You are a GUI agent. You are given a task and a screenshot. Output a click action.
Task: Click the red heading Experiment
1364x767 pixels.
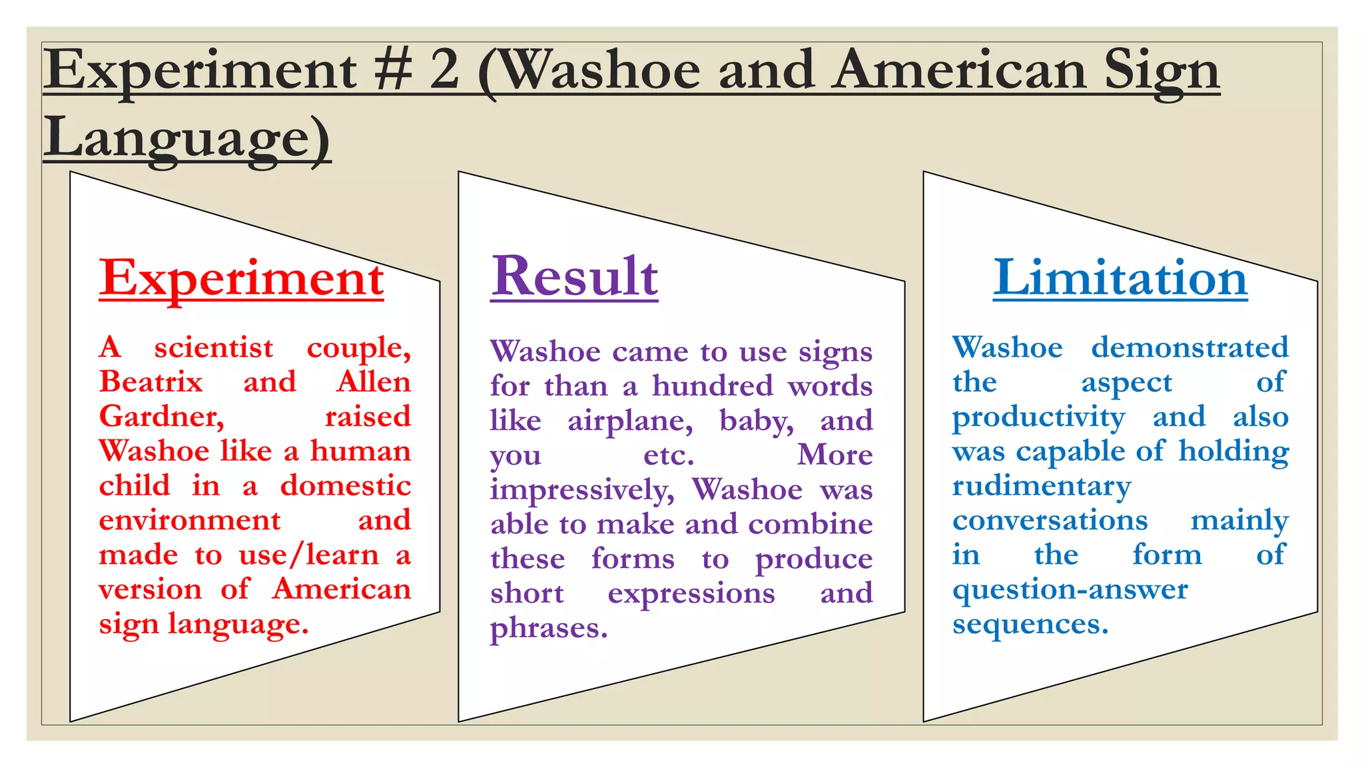(241, 278)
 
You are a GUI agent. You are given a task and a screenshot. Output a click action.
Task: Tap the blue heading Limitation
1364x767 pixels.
(1120, 278)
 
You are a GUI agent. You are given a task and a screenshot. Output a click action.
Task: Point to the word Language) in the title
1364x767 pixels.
(187, 138)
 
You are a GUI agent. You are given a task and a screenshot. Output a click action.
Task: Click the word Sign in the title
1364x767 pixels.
(1162, 71)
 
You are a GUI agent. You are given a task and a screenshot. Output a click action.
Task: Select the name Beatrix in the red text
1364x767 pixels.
(151, 382)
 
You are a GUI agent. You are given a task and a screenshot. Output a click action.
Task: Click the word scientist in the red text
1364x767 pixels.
(213, 348)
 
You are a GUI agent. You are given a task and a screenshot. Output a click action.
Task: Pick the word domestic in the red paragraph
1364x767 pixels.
(345, 485)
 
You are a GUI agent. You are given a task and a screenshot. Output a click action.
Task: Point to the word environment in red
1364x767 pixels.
(190, 520)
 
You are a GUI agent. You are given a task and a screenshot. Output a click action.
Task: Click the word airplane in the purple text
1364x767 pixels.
(630, 421)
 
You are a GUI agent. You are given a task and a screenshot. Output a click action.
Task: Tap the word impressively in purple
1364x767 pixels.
(582, 490)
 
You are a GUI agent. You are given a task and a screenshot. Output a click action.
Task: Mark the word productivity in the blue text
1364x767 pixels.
(1038, 417)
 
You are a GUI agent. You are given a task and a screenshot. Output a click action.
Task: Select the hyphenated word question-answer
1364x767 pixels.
(1070, 590)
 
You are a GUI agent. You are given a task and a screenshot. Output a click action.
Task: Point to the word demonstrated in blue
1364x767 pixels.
(1190, 348)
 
